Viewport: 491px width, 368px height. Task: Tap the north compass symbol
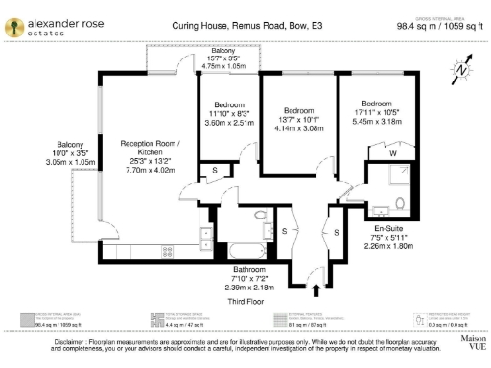tap(461, 67)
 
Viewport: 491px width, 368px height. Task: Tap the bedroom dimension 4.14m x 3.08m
tap(298, 127)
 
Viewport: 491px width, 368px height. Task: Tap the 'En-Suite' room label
tap(388, 230)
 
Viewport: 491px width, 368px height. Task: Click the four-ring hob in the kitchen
tap(167, 252)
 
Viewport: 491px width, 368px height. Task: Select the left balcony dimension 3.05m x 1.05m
tap(74, 163)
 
